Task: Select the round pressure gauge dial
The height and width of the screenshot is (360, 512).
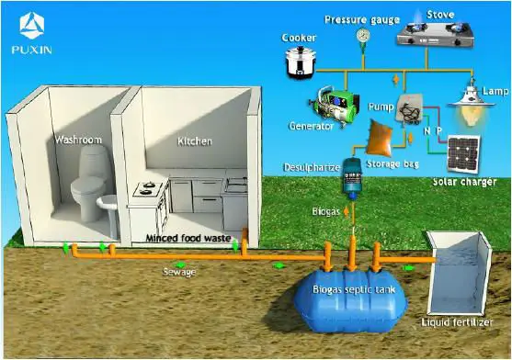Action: pyautogui.click(x=365, y=33)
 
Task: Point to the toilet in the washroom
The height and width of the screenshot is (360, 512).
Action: pyautogui.click(x=89, y=180)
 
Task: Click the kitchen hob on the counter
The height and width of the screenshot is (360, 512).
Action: pyautogui.click(x=148, y=190)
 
